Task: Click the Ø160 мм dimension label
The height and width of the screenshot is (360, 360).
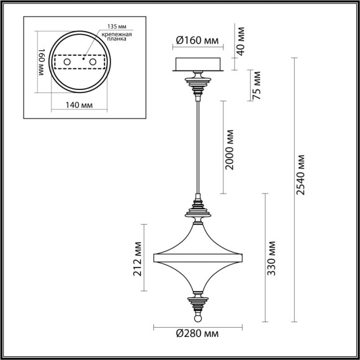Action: (x=197, y=41)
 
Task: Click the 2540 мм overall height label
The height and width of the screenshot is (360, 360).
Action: (x=302, y=174)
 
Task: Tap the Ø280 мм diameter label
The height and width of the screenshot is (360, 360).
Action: (x=196, y=335)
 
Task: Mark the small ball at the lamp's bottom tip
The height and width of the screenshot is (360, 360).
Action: (x=197, y=318)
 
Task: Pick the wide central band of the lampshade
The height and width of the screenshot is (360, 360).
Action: (x=197, y=255)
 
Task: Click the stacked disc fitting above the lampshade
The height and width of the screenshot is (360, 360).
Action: (x=197, y=212)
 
